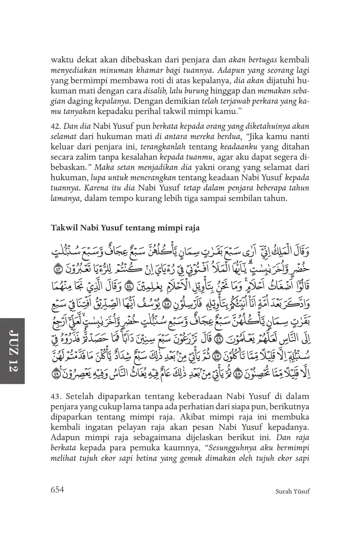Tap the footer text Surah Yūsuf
point(292,491)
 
